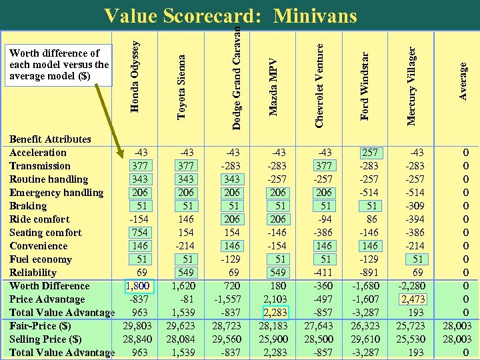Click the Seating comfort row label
(x=45, y=233)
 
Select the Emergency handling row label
(x=56, y=193)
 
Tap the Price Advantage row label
(x=47, y=299)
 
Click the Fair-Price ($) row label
(x=40, y=326)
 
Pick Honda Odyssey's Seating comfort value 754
(x=140, y=233)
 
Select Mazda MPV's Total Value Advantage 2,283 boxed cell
(x=275, y=313)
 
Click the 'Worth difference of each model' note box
(x=59, y=65)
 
